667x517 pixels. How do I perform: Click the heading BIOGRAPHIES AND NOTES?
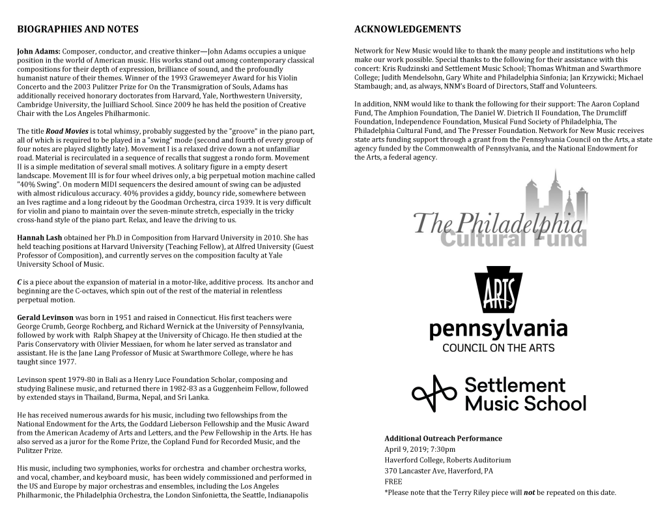pos(78,29)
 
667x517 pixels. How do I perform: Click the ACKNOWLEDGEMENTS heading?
pos(407,29)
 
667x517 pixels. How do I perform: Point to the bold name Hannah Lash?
pos(40,238)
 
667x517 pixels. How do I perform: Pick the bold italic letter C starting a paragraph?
pos(20,282)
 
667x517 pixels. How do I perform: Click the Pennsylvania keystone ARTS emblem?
pos(498,291)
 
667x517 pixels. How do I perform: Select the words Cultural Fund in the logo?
pos(513,239)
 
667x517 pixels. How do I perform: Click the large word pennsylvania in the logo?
pos(498,329)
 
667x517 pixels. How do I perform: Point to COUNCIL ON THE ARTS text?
pos(498,347)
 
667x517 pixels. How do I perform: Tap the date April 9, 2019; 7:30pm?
pos(420,449)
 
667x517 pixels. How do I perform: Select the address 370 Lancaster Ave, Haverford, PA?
pos(438,471)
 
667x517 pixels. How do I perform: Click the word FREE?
pos(393,482)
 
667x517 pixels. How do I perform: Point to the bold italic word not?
pos(530,493)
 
